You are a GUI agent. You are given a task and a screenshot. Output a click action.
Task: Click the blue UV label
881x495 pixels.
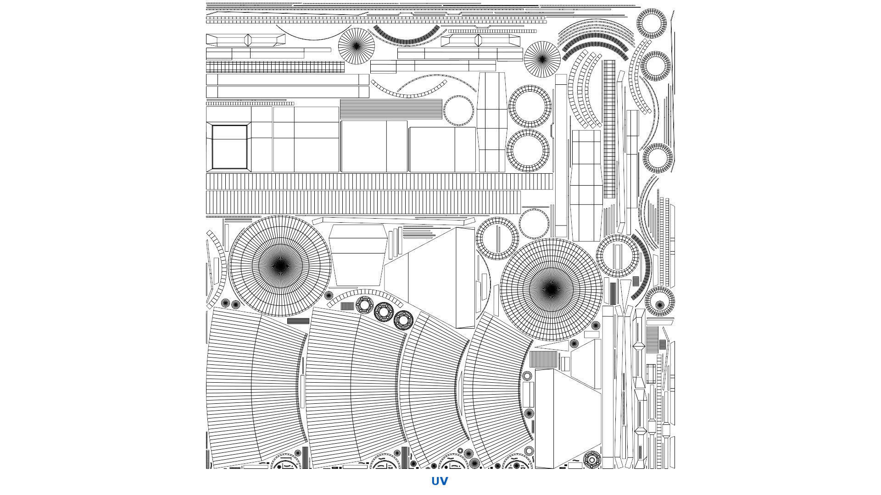439,481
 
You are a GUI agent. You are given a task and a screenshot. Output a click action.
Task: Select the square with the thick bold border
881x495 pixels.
229,147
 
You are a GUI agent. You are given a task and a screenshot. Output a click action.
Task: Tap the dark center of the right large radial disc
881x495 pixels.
551,289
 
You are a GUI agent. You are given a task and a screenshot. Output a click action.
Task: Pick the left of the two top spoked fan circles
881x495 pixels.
357,46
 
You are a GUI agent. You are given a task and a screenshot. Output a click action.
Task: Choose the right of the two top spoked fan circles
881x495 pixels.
542,59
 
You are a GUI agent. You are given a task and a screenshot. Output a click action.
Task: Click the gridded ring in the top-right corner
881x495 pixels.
652,22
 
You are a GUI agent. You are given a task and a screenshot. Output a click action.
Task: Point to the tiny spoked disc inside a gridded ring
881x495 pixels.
660,302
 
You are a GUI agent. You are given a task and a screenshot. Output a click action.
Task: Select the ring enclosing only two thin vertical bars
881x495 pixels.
618,256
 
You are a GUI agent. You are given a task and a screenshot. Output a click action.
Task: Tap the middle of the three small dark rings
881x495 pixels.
384,312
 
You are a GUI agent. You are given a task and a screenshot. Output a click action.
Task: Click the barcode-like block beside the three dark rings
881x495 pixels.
347,306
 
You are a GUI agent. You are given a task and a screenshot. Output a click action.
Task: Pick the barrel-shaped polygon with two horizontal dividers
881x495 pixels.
491,122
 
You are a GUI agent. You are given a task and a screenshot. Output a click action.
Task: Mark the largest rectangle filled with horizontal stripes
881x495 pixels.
391,109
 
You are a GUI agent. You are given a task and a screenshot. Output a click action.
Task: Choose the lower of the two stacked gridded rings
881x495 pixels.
528,151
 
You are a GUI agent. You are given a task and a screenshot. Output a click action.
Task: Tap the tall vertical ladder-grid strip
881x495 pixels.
609,129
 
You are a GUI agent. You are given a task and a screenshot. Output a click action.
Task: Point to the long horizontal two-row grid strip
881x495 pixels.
275,67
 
